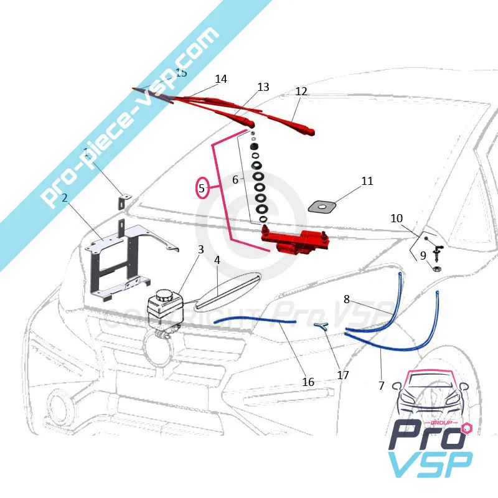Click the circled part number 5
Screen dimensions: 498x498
(x=202, y=187)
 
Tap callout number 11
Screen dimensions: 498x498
(x=367, y=181)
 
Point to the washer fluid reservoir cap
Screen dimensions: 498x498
(x=165, y=295)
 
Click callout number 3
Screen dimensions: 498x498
(x=200, y=250)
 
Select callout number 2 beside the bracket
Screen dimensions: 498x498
(x=64, y=200)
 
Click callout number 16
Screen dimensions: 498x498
(x=308, y=382)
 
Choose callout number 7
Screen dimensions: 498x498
(x=382, y=385)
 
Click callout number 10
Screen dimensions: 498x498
(x=397, y=218)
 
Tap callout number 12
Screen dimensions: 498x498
(x=301, y=92)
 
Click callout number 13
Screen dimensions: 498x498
(x=263, y=87)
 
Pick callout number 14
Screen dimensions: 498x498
(x=221, y=79)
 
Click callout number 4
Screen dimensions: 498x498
(x=217, y=260)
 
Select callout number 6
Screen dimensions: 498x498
(x=235, y=179)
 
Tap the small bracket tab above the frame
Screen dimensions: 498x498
(x=124, y=201)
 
